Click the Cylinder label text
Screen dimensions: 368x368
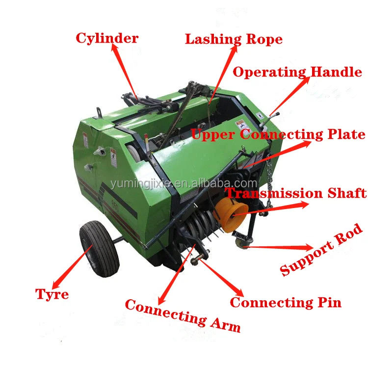[x=107, y=38]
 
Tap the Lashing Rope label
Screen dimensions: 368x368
[x=234, y=39]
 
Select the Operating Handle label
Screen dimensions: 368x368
[x=297, y=72]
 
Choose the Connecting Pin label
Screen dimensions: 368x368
[x=286, y=302]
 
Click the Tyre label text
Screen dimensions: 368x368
[x=52, y=294]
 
